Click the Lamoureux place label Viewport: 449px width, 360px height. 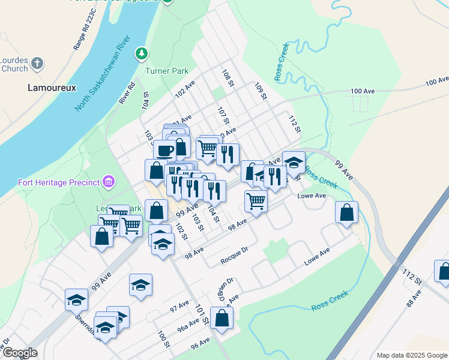pyautogui.click(x=52, y=88)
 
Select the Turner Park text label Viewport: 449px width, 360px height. pyautogui.click(x=167, y=71)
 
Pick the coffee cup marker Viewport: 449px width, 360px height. pyautogui.click(x=165, y=150)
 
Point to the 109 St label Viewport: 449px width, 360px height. pyautogui.click(x=260, y=91)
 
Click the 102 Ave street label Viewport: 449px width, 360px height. pyautogui.click(x=185, y=90)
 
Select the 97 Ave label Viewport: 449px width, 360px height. pyautogui.click(x=179, y=308)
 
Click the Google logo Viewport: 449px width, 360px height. pyautogui.click(x=19, y=353)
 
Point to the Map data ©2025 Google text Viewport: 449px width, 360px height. pyautogui.click(x=411, y=355)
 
